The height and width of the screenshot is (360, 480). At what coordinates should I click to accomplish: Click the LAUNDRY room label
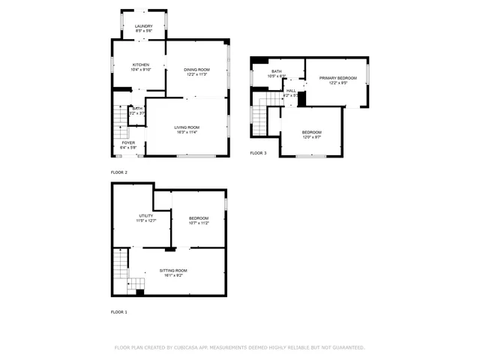[143, 26]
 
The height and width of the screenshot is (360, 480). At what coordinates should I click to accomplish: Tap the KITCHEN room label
[142, 65]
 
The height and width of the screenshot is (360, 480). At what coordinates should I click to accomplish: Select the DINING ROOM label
[196, 70]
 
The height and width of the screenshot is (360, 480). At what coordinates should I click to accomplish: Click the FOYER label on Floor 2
[128, 142]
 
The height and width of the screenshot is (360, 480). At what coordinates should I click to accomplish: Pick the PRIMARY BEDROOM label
[337, 78]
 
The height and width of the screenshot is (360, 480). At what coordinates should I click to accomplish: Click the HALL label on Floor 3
[291, 91]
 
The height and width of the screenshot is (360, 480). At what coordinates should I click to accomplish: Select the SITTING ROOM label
[173, 270]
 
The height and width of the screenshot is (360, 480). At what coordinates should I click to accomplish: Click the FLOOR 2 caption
[119, 172]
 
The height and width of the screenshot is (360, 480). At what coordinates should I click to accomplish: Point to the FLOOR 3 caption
[258, 153]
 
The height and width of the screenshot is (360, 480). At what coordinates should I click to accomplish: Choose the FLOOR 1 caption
[119, 311]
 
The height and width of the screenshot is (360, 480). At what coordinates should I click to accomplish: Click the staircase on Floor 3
[261, 115]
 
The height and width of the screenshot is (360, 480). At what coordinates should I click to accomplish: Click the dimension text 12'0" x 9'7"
[311, 136]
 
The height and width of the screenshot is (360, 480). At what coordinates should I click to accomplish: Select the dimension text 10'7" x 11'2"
[199, 223]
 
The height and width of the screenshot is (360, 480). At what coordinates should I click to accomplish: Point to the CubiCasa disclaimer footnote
[239, 347]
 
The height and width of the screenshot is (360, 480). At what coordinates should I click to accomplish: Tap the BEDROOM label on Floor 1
[199, 217]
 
